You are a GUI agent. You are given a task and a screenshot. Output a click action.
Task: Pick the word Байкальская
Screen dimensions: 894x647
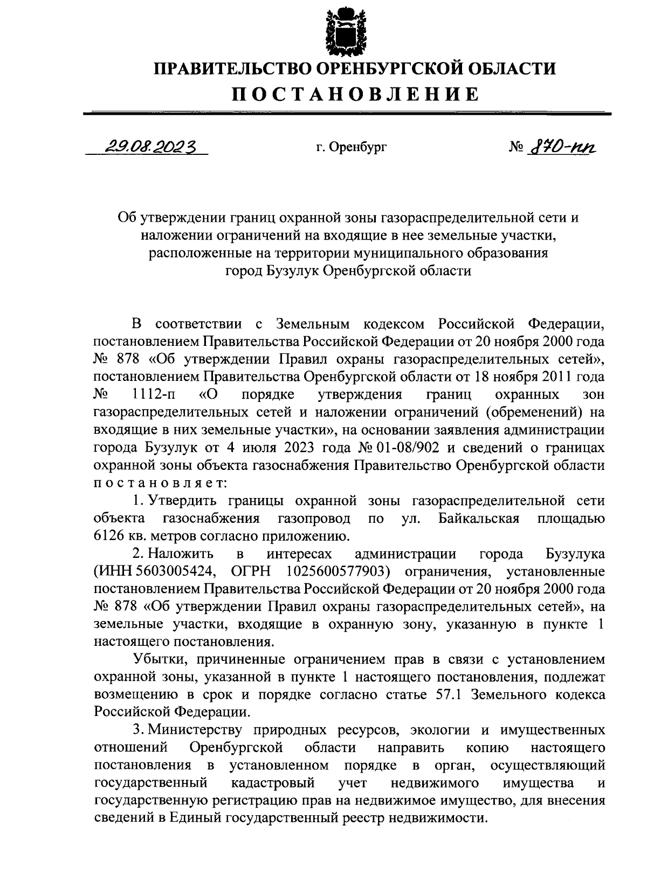click(x=479, y=518)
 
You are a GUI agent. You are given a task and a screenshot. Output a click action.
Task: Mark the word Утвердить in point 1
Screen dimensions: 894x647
click(x=182, y=501)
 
